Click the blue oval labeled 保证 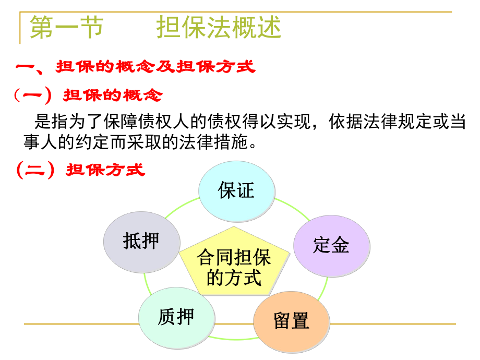pos(236,191)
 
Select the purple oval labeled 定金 pos(331,245)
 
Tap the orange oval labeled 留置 pos(292,321)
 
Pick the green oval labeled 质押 pos(176,316)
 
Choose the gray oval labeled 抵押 pos(141,241)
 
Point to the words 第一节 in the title pos(66,27)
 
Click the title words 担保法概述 pos(219,27)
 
